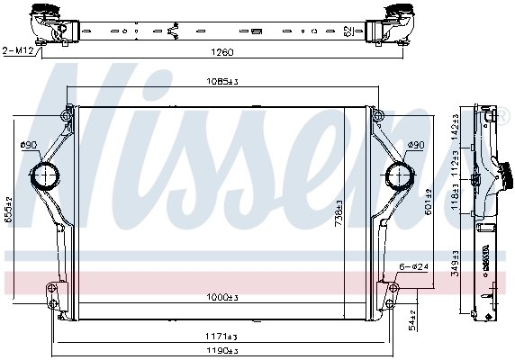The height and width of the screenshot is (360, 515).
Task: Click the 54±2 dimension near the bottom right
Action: tap(411, 317)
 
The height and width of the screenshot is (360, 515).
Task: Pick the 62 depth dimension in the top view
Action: tap(348, 30)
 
